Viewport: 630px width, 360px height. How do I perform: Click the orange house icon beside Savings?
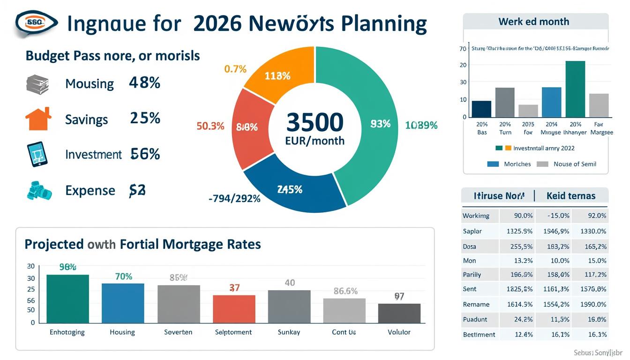(38, 119)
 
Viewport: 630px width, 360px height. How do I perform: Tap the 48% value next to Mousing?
(144, 83)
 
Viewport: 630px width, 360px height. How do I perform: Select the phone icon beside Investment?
(37, 155)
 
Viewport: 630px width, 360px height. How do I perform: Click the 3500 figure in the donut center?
(315, 122)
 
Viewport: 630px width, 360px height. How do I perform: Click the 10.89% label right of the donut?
(421, 125)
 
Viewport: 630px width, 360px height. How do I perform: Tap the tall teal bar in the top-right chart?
(575, 89)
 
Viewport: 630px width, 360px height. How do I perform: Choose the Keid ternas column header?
(570, 195)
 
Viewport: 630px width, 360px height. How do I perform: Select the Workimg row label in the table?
(476, 216)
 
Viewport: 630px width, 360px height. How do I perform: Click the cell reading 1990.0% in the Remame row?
(593, 304)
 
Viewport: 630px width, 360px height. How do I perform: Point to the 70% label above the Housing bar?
(123, 277)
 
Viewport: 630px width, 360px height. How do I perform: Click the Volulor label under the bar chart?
(399, 332)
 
